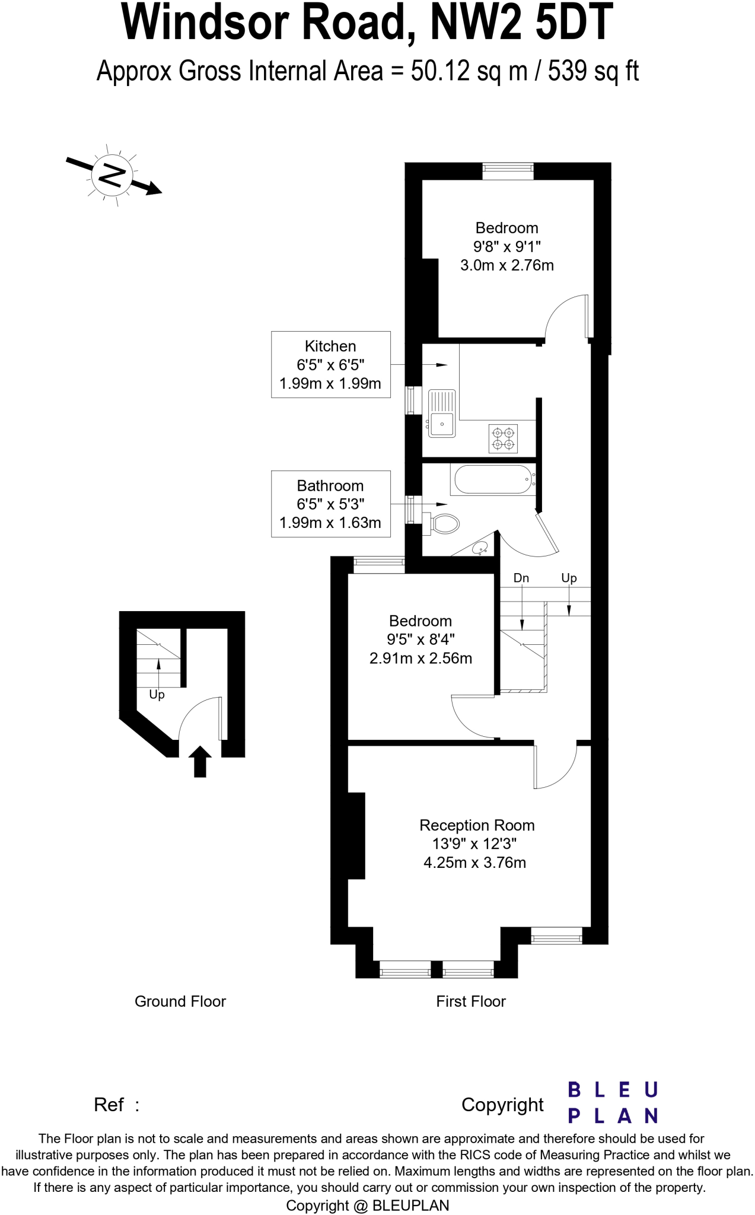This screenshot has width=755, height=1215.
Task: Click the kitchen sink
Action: (x=441, y=413)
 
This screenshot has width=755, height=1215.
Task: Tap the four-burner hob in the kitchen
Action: (x=503, y=438)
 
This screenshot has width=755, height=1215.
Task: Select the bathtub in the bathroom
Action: (x=493, y=479)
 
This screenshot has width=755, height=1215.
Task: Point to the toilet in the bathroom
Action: (x=443, y=523)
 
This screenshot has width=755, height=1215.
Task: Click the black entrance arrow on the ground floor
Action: (x=200, y=761)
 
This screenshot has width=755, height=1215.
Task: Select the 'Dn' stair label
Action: (x=521, y=578)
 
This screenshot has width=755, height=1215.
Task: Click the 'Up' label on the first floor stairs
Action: (x=569, y=578)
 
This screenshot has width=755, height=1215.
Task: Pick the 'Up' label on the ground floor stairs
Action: (x=157, y=694)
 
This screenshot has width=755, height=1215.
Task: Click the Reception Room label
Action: (x=477, y=825)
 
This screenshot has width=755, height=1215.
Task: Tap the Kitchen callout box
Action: (x=330, y=364)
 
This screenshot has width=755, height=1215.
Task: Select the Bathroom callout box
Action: (x=330, y=504)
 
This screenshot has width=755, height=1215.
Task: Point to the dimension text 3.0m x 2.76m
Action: (x=507, y=265)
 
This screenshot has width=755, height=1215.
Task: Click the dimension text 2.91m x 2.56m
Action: (x=420, y=658)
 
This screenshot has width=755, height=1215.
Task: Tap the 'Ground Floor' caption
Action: (x=180, y=1001)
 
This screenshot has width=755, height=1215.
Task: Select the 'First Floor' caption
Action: (x=471, y=1001)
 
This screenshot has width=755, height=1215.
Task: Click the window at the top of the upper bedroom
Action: (x=508, y=171)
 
